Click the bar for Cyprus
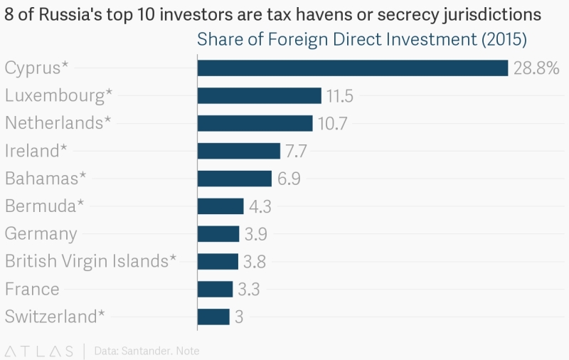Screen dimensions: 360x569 coord(353,68)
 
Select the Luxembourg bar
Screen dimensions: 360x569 coord(260,95)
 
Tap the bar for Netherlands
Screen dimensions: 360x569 coord(255,123)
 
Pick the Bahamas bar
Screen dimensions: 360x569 coord(235,179)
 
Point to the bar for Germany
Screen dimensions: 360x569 coord(218,234)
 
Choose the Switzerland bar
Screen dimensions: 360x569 coord(213,317)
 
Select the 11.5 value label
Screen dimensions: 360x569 coord(339,96)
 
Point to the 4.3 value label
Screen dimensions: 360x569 coord(260,206)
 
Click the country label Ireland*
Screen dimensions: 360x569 coord(36,151)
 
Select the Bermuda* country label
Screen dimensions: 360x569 coord(45,206)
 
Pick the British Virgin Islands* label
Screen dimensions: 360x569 coord(90,261)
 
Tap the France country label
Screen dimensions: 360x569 coord(32,289)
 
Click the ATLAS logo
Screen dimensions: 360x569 coord(39,351)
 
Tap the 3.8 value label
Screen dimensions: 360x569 coord(254,262)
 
